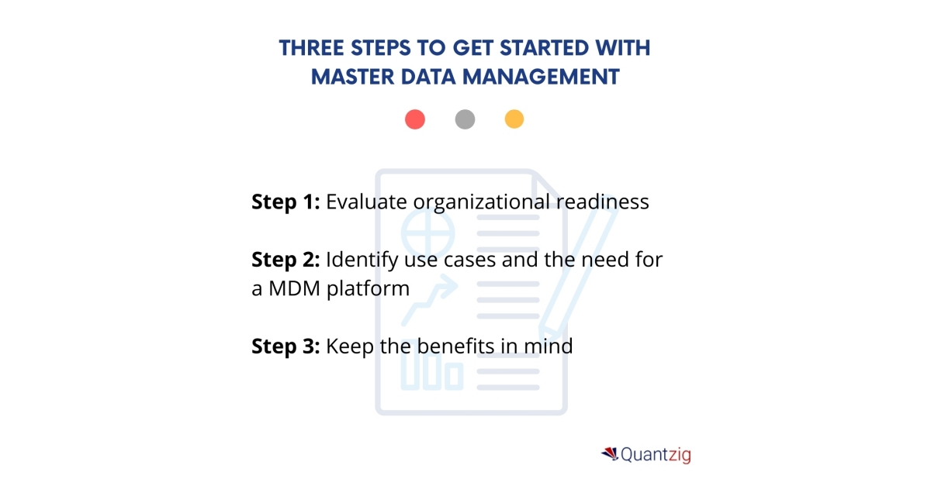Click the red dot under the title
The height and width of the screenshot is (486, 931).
pyautogui.click(x=415, y=119)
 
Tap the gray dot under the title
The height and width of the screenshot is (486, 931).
pyautogui.click(x=465, y=119)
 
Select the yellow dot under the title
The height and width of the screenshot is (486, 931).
pyautogui.click(x=514, y=119)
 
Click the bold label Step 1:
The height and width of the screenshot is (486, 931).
pyautogui.click(x=286, y=202)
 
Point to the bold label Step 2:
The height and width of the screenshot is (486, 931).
pyautogui.click(x=286, y=260)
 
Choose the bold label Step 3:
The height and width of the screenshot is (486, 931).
pyautogui.click(x=286, y=346)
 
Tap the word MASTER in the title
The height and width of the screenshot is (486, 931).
pyautogui.click(x=348, y=77)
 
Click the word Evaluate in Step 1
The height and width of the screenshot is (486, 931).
pyautogui.click(x=366, y=202)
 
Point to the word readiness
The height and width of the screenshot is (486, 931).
pyautogui.click(x=602, y=202)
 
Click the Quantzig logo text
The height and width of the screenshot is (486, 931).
pyautogui.click(x=656, y=455)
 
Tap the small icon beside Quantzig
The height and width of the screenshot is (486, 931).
pyautogui.click(x=609, y=453)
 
